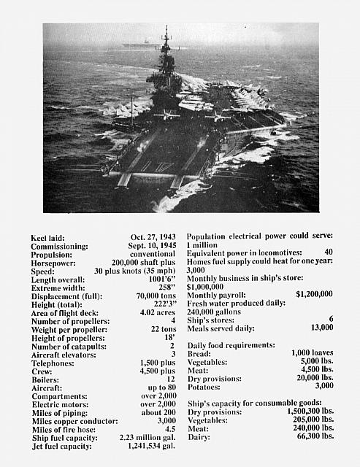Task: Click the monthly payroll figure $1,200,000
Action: pyautogui.click(x=314, y=294)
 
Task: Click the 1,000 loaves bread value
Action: pyautogui.click(x=312, y=353)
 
